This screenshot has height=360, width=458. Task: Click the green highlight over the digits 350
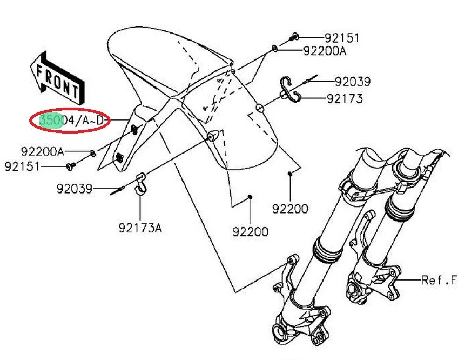click(x=50, y=121)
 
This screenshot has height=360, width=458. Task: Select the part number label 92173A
click(x=140, y=228)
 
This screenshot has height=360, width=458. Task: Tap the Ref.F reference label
click(x=439, y=280)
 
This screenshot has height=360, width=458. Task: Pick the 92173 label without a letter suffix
click(x=345, y=99)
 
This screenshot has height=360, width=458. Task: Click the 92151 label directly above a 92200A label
click(x=341, y=38)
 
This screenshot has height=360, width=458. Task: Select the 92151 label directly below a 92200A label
click(x=22, y=166)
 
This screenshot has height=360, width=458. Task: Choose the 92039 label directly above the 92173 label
click(x=352, y=82)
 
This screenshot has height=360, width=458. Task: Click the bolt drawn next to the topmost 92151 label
click(x=295, y=37)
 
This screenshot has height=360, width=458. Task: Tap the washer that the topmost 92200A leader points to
click(x=275, y=49)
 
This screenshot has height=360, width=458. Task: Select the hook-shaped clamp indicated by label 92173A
click(x=142, y=182)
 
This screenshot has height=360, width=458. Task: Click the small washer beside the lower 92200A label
click(x=93, y=153)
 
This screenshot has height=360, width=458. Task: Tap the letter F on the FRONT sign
click(x=40, y=69)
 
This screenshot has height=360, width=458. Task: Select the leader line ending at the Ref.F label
click(x=410, y=280)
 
